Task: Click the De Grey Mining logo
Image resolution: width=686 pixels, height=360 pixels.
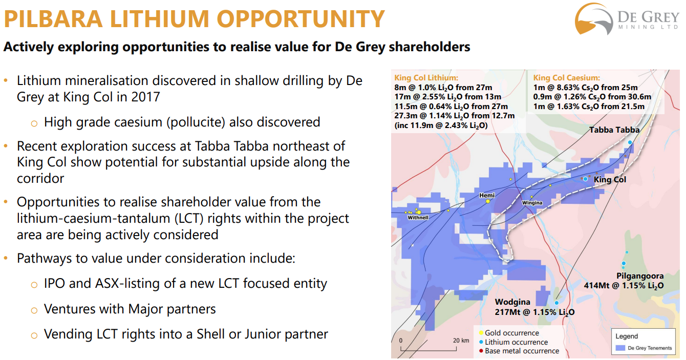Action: click(x=626, y=19)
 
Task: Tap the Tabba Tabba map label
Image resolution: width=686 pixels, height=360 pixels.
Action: click(x=614, y=130)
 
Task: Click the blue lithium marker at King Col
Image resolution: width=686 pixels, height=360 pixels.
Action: click(x=585, y=179)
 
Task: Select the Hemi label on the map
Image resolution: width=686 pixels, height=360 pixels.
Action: click(x=487, y=196)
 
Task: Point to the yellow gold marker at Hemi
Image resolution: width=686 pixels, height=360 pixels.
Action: click(x=488, y=201)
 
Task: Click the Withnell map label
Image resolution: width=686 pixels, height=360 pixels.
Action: click(x=418, y=218)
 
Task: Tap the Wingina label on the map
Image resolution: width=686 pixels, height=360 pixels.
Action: click(x=532, y=203)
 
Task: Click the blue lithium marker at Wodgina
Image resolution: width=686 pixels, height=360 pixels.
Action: click(x=557, y=303)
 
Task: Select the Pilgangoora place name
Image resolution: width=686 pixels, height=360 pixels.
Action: click(x=640, y=277)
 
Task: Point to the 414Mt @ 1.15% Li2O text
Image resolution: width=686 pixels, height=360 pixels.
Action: click(x=624, y=286)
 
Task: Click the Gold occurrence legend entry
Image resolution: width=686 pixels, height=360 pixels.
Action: click(x=509, y=333)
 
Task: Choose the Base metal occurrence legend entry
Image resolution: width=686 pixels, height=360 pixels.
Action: click(x=519, y=351)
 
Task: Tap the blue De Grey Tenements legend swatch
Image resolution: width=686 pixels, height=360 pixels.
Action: click(x=620, y=348)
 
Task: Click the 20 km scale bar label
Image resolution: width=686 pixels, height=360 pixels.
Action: click(x=461, y=341)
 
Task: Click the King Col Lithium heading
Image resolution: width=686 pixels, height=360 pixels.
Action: click(x=426, y=78)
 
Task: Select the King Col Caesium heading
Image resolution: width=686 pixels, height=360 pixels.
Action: click(x=567, y=78)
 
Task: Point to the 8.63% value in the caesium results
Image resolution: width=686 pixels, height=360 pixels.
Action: click(x=562, y=88)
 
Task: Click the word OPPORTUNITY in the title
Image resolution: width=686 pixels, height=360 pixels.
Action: click(x=301, y=19)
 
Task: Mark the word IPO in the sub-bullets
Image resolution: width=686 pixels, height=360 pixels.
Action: click(x=54, y=283)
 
